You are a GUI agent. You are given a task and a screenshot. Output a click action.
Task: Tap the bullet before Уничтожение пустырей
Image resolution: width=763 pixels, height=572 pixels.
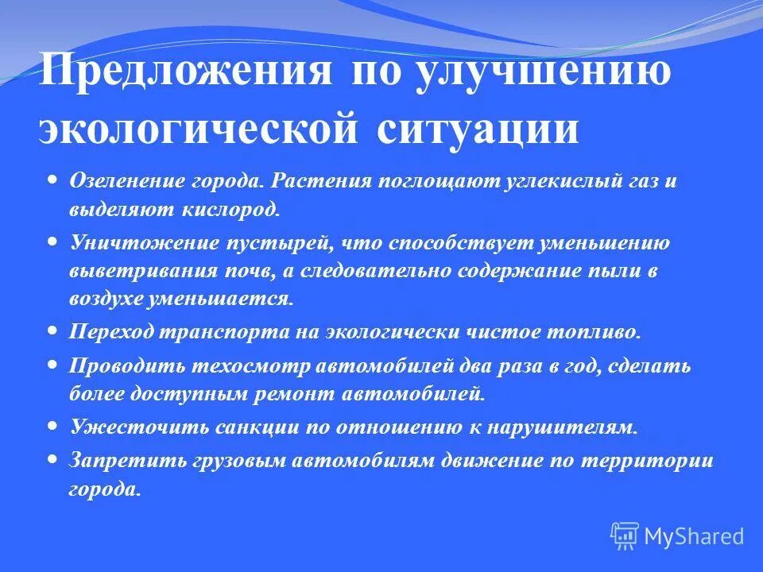point(52,240)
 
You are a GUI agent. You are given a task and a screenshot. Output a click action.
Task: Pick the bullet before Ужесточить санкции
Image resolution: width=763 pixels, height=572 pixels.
point(52,425)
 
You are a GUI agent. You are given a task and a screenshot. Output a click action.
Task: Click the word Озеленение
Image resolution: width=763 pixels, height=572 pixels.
point(126,182)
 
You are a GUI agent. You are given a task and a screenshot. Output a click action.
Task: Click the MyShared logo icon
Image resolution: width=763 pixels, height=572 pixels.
point(625,536)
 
